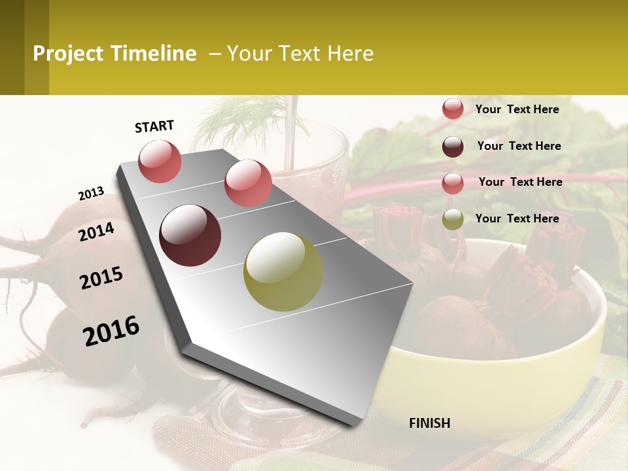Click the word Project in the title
click(x=68, y=54)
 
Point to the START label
click(x=154, y=126)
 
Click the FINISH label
click(x=429, y=423)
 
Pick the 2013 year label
click(x=91, y=194)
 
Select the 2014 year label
click(x=96, y=232)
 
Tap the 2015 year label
click(x=101, y=278)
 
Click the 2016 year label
click(x=111, y=330)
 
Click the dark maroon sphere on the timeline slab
click(x=190, y=235)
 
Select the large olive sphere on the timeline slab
click(x=283, y=271)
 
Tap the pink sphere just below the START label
click(x=160, y=162)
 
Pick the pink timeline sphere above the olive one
click(x=248, y=183)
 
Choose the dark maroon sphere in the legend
click(x=453, y=147)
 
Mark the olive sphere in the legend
click(x=453, y=219)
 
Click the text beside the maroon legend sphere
click(x=519, y=146)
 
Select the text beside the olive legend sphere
click(x=517, y=218)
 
